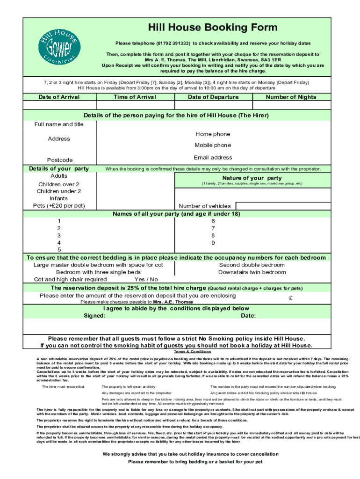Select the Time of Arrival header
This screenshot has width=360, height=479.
pos(135,97)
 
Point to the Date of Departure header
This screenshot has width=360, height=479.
pos(213,97)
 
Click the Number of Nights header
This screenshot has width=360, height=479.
pos(291,97)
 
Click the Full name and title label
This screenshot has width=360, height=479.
pos(59,124)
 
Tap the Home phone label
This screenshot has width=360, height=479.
pos(213,134)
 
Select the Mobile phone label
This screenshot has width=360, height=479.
pos(213,145)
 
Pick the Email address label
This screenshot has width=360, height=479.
pos(213,158)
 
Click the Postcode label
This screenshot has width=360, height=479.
pos(59,160)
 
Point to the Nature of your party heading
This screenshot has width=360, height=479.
pos(252,178)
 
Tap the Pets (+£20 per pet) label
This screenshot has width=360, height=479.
pos(59,206)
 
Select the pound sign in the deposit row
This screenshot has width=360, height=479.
pos(291,298)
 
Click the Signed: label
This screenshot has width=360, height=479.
pos(94,316)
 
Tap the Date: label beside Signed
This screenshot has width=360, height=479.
pos(248,316)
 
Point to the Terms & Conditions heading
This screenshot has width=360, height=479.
pos(193,352)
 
